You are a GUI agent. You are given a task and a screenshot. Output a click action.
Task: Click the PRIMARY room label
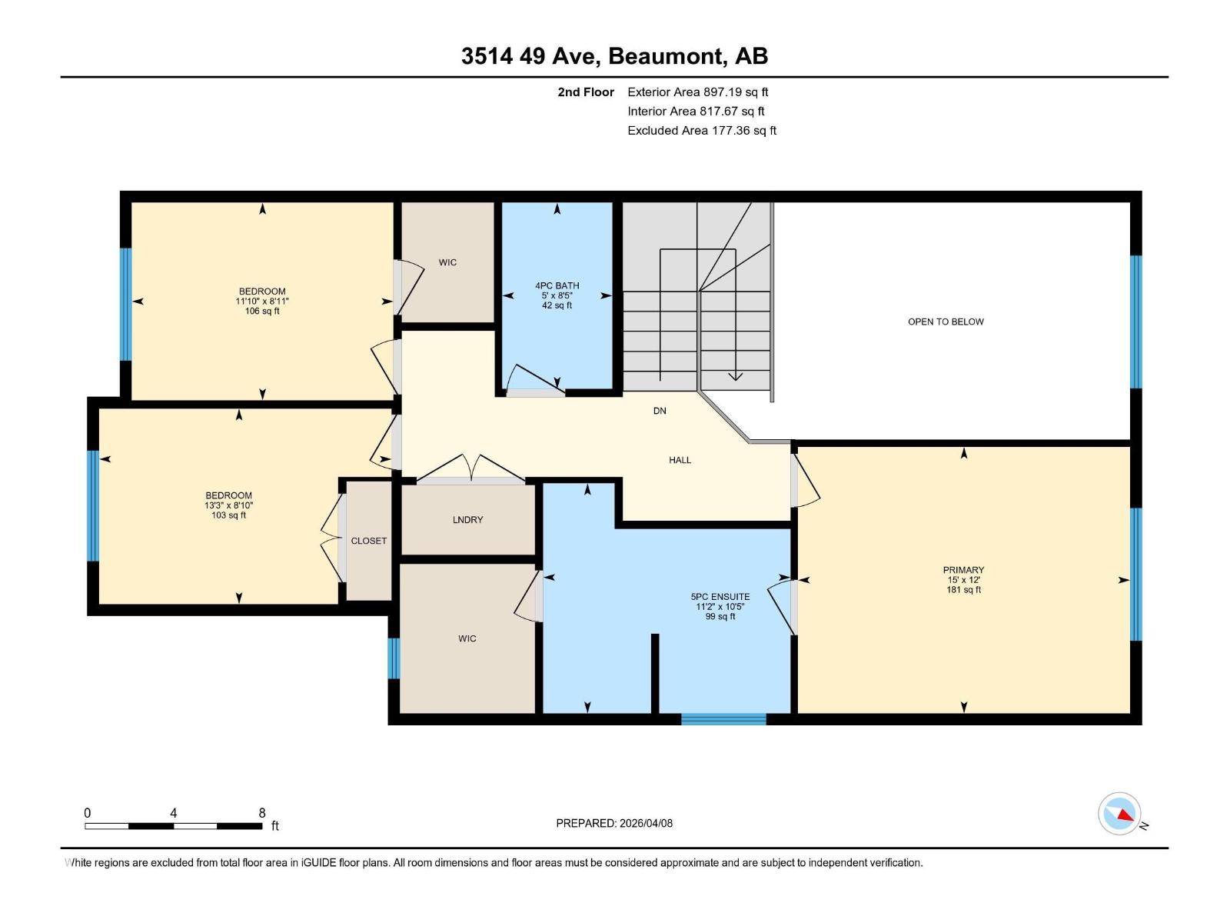tap(963, 570)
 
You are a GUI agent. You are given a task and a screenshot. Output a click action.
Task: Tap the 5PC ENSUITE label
tap(720, 597)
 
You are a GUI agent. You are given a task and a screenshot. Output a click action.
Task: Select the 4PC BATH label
tap(557, 286)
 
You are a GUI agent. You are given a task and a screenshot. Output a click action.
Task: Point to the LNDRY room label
tap(467, 520)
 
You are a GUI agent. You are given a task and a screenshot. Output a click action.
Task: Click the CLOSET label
tap(368, 541)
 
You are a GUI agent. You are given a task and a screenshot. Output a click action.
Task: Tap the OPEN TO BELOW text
tap(946, 322)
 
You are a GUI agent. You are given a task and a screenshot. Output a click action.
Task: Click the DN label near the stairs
tap(660, 411)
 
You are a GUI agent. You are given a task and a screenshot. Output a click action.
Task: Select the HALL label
tap(680, 460)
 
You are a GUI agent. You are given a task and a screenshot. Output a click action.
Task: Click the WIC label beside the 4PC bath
tap(447, 262)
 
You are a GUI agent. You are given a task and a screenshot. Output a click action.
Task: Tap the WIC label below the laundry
tap(467, 638)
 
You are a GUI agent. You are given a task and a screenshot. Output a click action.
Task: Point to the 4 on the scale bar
tap(174, 813)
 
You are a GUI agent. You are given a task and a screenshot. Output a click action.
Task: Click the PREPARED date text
tap(614, 823)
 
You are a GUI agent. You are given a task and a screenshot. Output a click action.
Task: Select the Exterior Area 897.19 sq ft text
tap(697, 92)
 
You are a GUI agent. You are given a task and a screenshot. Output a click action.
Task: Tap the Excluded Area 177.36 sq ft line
tap(701, 131)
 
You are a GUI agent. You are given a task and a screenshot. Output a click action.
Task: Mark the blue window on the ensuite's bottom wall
tap(723, 719)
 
